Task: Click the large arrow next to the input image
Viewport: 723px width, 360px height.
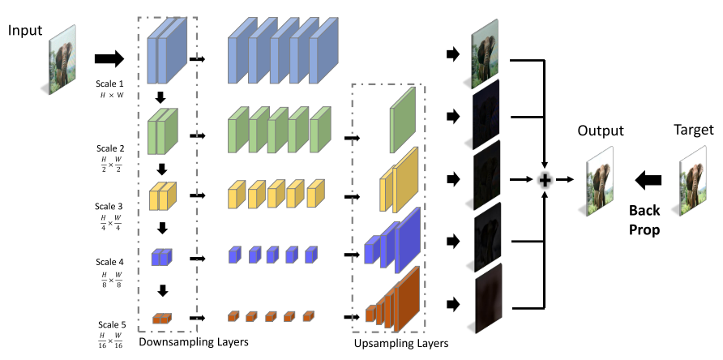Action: click(x=109, y=58)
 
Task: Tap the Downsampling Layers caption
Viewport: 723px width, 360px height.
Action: click(x=200, y=342)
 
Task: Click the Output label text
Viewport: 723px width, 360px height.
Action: click(x=601, y=131)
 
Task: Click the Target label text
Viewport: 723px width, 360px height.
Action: click(x=693, y=130)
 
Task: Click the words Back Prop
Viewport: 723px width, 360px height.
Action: click(x=646, y=219)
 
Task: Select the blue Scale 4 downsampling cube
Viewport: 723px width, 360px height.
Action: click(x=162, y=257)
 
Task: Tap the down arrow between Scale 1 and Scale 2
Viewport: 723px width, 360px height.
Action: click(x=160, y=97)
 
